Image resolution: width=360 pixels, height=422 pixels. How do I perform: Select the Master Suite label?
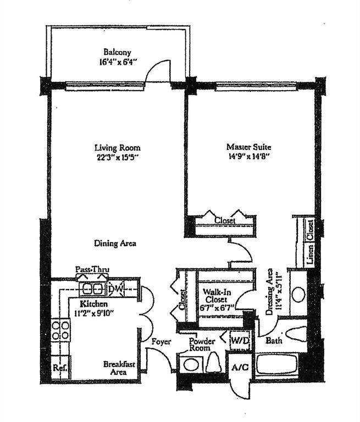coord(249,147)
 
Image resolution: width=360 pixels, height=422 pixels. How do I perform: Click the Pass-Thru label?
coord(92,270)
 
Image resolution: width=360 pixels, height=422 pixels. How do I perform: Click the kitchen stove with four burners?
coord(60,330)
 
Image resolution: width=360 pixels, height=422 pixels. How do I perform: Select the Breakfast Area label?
coord(119,368)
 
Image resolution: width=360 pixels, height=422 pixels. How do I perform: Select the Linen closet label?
coord(310,242)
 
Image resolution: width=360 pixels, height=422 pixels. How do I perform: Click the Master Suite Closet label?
coord(224,220)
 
